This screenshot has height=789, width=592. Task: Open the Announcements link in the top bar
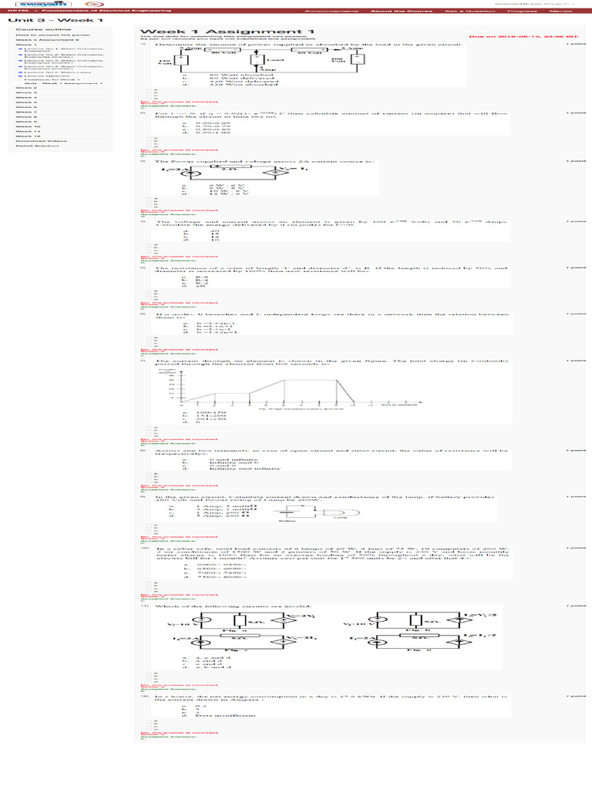[x=331, y=12]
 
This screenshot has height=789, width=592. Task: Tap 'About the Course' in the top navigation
[x=392, y=12]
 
